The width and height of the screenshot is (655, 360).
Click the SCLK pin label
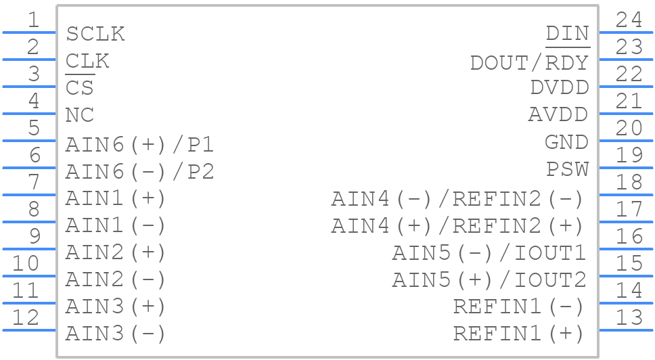click(95, 34)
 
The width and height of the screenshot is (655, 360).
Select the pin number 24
click(629, 20)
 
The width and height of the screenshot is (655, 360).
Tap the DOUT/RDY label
click(529, 62)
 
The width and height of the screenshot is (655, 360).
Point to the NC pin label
click(80, 115)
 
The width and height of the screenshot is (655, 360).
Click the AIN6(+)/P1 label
click(139, 145)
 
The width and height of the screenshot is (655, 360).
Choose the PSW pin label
click(567, 169)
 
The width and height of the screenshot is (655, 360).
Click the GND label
click(566, 142)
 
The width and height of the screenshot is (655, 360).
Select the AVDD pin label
click(558, 115)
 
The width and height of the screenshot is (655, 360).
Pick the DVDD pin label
click(559, 88)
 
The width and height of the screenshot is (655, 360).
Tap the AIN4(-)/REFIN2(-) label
click(457, 199)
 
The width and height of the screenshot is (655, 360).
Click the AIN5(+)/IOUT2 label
click(489, 279)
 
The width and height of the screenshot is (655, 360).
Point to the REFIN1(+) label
click(518, 333)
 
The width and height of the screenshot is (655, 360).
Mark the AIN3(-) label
click(115, 333)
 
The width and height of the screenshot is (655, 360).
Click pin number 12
click(26, 317)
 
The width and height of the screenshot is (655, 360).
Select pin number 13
click(629, 317)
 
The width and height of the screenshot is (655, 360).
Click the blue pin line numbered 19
click(626, 168)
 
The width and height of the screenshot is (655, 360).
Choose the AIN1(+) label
click(115, 199)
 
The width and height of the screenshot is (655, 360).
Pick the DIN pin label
click(567, 34)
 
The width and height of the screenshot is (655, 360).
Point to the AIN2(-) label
click(115, 279)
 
